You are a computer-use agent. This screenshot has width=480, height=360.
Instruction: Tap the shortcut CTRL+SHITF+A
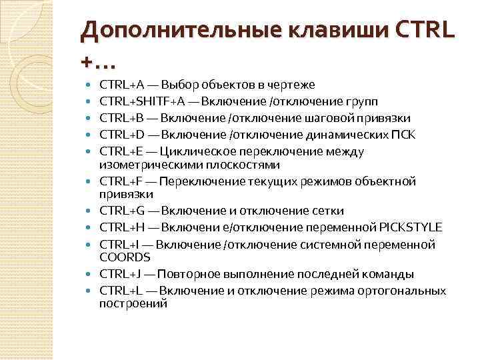pos(141,101)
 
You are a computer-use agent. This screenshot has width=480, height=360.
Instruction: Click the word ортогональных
pos(406,291)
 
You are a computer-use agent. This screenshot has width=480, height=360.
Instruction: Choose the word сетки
pos(328,211)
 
